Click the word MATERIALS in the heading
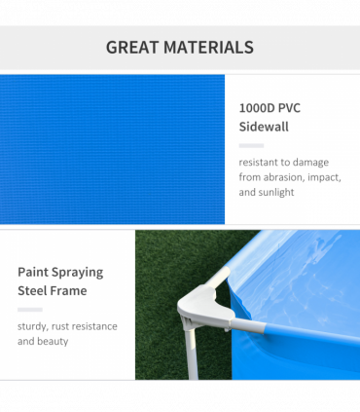tap(209, 47)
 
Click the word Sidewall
tap(264, 127)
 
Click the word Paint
tap(35, 272)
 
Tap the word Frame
tap(71, 290)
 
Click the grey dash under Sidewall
tap(251, 145)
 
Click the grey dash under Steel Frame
tap(29, 309)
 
